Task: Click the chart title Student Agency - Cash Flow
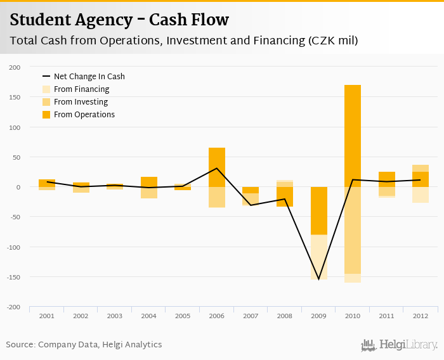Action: tap(119, 20)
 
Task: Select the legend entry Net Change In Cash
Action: tap(89, 77)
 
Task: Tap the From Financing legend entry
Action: tap(81, 89)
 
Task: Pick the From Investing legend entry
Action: tap(81, 102)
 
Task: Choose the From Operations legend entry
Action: tap(84, 115)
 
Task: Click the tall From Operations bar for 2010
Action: tap(353, 136)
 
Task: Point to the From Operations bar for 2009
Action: tap(318, 210)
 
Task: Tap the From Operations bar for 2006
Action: tap(217, 167)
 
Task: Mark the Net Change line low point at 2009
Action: tap(318, 279)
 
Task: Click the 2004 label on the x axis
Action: tap(148, 316)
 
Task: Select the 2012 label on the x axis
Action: tap(420, 316)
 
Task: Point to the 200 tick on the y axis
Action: tap(15, 67)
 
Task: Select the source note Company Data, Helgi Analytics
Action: tap(84, 345)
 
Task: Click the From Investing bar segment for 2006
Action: tap(217, 197)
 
